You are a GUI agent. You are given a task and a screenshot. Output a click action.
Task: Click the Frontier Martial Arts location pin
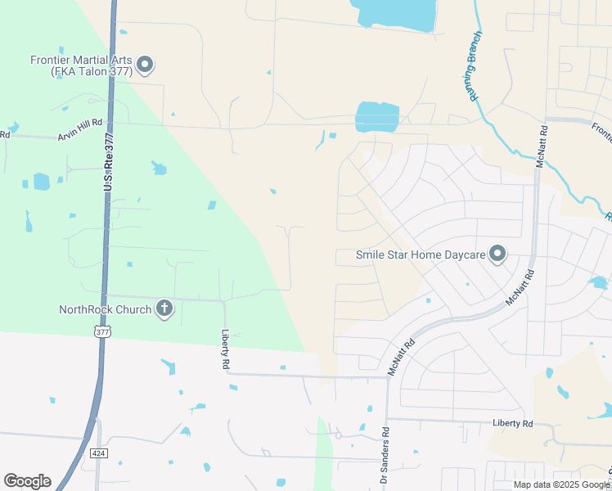146,65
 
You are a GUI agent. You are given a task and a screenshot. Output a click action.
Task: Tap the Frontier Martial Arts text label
80,65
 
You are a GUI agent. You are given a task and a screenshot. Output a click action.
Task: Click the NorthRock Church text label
105,309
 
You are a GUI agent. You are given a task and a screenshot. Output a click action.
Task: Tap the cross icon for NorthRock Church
164,309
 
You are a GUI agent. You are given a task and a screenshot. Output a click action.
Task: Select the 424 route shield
97,452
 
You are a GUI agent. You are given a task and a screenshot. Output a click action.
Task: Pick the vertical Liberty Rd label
225,349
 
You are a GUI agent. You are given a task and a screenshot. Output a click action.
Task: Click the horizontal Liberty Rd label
512,424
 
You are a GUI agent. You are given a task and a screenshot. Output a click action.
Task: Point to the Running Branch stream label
474,66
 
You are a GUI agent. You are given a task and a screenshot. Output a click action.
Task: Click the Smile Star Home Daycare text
421,255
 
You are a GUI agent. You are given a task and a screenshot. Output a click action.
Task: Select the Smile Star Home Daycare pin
497,255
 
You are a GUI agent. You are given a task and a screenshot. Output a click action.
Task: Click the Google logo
27,481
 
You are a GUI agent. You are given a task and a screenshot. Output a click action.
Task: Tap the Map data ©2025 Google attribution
561,484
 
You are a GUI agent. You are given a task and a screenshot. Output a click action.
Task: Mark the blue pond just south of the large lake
377,116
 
